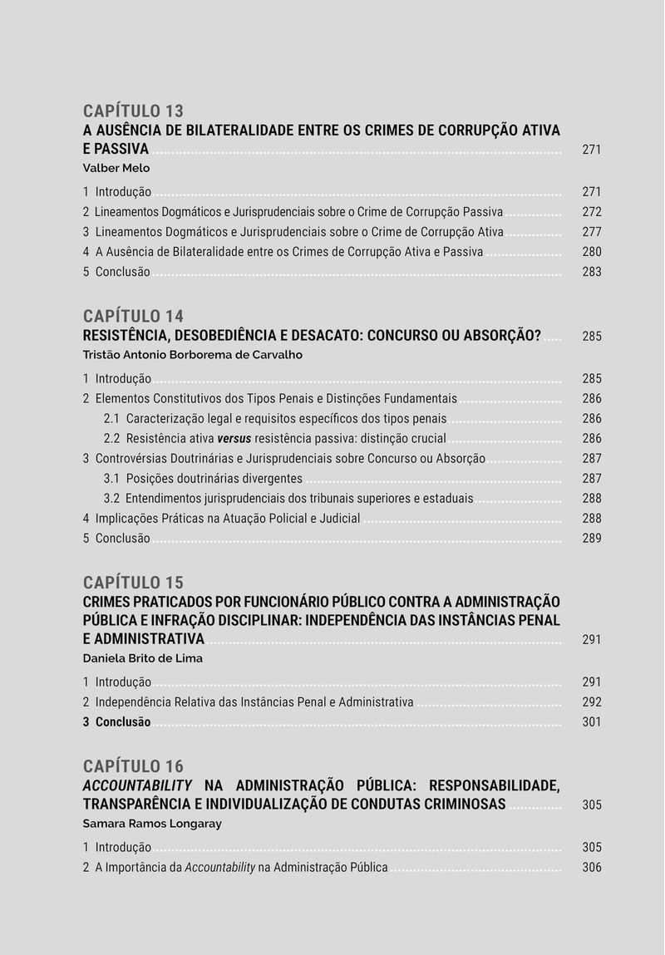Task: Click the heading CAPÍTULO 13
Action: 133,111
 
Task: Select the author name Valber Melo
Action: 116,168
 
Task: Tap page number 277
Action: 591,232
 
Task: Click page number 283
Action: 591,272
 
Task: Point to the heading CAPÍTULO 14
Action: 133,316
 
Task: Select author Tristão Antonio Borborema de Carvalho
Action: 192,355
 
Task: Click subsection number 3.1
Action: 111,479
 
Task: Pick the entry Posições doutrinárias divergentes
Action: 214,479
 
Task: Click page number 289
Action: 591,539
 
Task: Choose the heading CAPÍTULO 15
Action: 133,583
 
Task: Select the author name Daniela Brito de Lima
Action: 142,658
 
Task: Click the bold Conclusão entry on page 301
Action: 123,722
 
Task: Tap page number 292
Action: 591,702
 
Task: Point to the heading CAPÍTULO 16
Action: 133,766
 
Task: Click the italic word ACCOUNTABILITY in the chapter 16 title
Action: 137,785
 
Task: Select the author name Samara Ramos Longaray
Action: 152,825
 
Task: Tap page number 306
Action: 591,868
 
